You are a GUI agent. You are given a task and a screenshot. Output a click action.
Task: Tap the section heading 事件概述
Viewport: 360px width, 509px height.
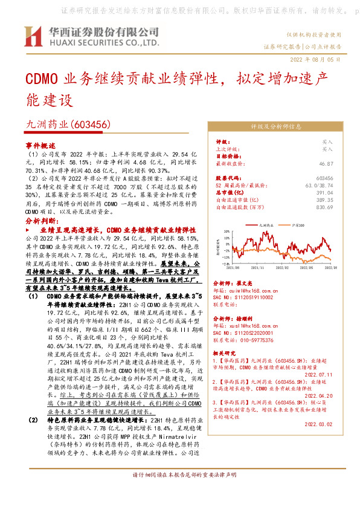click(x=40, y=146)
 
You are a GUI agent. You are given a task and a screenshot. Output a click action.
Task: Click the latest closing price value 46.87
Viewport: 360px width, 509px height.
click(x=326, y=163)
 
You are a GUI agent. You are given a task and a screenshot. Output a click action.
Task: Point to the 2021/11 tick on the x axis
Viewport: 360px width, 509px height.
click(x=257, y=265)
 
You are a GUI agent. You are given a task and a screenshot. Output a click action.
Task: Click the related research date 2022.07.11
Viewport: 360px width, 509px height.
click(x=320, y=375)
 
